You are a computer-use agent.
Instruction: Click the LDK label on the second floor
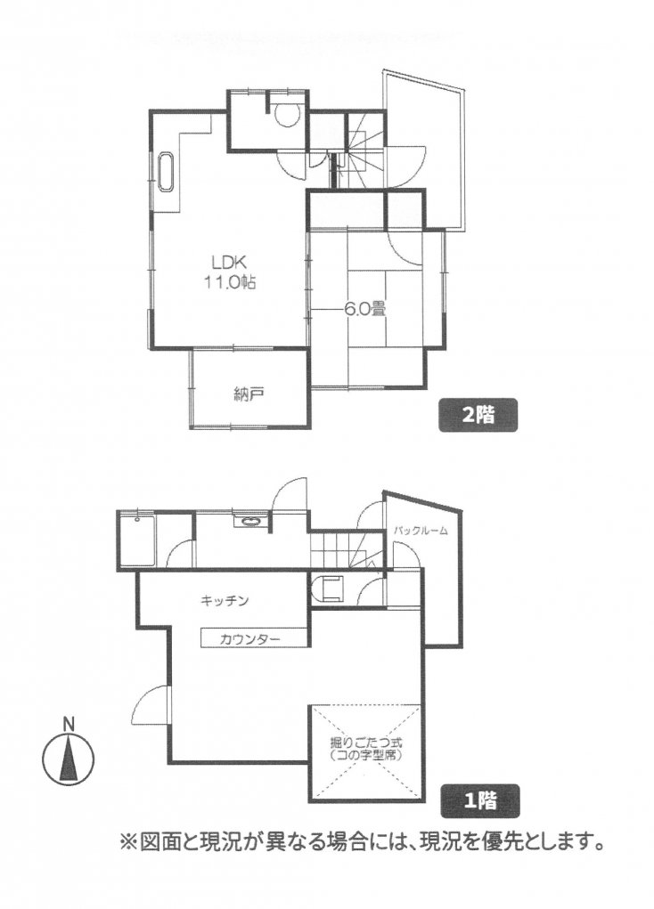point(228,264)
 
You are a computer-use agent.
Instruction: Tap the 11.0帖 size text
point(229,283)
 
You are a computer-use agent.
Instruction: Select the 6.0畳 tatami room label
point(365,309)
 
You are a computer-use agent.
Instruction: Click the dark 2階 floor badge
point(478,415)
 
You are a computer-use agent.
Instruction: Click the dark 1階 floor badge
point(480,801)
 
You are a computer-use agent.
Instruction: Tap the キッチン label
point(225,601)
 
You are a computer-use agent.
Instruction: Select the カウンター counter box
point(254,638)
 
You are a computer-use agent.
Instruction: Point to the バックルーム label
point(421,530)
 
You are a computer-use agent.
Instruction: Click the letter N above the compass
point(69,724)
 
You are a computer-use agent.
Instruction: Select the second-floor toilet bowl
point(286,115)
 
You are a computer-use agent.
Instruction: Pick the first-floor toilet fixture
point(329,589)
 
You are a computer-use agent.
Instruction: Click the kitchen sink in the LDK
point(166,173)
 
